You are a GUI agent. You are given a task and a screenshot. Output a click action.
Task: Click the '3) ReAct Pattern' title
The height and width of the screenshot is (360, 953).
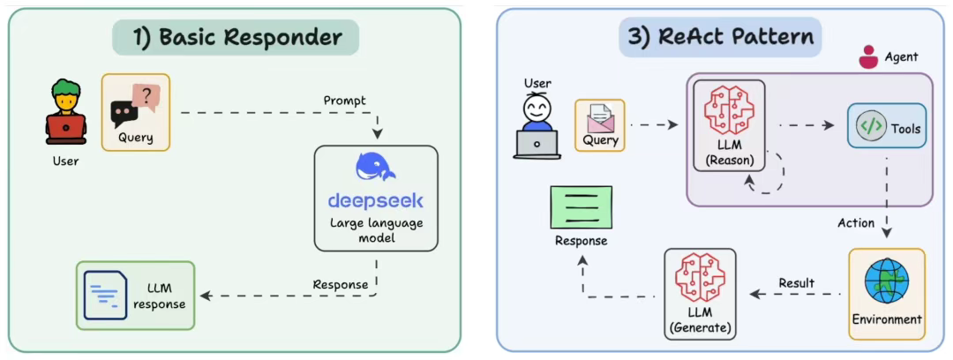coord(720,38)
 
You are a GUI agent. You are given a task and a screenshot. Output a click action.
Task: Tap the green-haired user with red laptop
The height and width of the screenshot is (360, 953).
coord(66,113)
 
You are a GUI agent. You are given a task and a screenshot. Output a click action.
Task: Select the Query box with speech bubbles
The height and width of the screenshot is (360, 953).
coord(135,112)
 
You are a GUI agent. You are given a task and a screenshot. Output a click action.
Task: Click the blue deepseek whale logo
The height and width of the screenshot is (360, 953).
coord(375,167)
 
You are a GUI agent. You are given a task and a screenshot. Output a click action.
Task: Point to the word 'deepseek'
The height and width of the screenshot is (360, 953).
coord(375,200)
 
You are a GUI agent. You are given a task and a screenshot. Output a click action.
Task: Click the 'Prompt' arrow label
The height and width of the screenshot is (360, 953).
coord(344,101)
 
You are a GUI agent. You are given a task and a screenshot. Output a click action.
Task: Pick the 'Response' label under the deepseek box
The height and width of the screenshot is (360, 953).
coord(340,284)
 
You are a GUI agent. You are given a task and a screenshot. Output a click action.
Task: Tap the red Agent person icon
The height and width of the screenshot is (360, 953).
coord(868,57)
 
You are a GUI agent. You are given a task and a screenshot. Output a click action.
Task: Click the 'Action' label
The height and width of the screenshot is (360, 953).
coord(855,222)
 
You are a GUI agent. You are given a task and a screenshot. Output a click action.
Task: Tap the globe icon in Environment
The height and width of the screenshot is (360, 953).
coord(886,281)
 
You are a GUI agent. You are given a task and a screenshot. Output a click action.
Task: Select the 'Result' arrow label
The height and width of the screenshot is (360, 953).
coord(796,283)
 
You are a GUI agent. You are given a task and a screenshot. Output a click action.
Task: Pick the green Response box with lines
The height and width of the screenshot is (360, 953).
coord(581,207)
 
